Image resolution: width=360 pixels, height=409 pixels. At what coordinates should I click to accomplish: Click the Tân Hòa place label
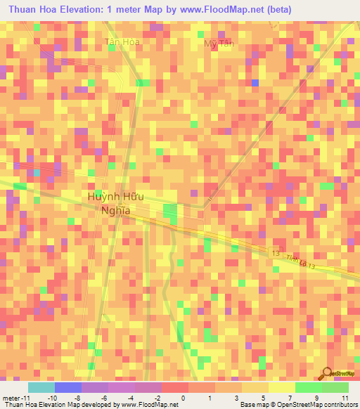(x=121, y=42)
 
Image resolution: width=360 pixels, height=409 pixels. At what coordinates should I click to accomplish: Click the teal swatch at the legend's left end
(x=41, y=387)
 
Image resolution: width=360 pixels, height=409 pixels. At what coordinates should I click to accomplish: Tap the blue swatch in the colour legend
(x=68, y=387)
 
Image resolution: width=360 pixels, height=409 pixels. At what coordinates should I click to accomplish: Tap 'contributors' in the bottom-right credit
(x=337, y=404)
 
